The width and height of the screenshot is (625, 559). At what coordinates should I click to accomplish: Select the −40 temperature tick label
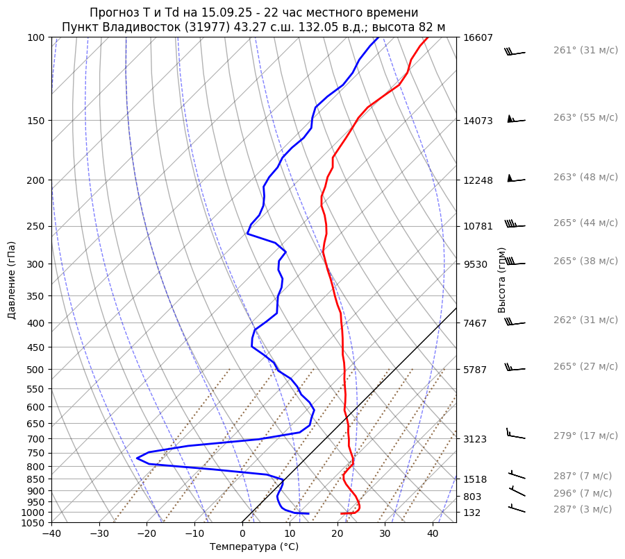pos(51,533)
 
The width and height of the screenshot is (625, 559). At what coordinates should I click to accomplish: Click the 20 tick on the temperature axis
pos(337,533)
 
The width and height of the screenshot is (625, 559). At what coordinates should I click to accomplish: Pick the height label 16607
pos(478,37)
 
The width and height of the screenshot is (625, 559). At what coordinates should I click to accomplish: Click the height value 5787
pos(478,370)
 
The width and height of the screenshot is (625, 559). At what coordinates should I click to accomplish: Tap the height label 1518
pos(478,479)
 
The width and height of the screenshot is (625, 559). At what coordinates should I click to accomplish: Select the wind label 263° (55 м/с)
pos(585,118)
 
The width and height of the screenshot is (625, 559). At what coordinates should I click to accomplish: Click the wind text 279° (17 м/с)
pos(585,436)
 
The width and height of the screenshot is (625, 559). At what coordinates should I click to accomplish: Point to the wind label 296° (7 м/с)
pos(583,493)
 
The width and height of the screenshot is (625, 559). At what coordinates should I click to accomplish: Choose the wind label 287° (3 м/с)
pos(583,509)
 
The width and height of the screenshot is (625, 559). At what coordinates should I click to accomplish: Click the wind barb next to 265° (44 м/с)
pos(515,225)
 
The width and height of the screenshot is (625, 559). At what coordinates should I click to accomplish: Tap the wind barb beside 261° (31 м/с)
pos(515,52)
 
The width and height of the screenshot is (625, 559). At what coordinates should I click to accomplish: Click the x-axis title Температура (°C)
pos(253,547)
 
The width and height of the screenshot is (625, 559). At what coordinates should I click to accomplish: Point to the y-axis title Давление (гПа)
pos(12,279)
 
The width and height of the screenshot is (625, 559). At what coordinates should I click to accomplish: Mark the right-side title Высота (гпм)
pos(502,279)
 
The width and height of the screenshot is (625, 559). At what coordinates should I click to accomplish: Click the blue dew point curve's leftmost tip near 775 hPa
pos(137,458)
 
